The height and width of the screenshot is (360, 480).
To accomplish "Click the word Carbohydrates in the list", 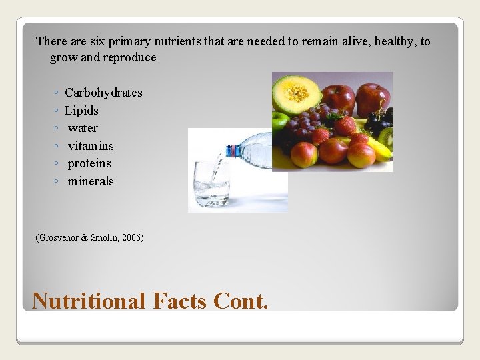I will pos(103,93).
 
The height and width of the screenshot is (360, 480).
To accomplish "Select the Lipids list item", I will pos(81,111).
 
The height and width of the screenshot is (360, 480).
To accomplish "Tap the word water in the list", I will pos(83,128).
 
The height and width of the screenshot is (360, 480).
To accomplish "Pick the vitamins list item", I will pos(91,146).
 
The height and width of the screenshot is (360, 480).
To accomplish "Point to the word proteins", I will pos(89,163).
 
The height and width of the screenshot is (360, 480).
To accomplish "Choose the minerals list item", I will pos(91,181).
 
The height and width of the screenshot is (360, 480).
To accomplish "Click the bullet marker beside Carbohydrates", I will pos(58,93).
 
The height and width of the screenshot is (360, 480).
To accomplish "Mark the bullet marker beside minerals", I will pos(58,182).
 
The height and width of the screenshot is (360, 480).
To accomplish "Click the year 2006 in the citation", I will pos(131,238).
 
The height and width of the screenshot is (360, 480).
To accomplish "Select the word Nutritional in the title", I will pos(88,301).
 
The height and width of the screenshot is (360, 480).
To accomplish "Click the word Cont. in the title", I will pos(241,301).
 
